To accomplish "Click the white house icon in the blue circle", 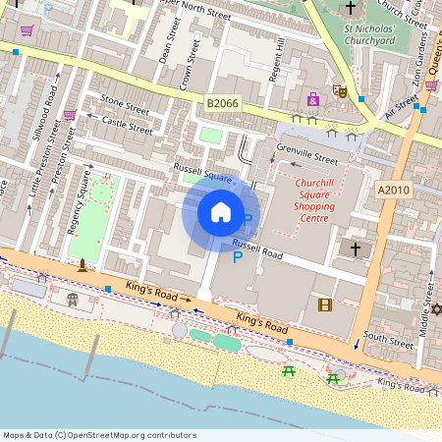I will pyautogui.click(x=221, y=212).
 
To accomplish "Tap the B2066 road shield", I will pyautogui.click(x=222, y=102).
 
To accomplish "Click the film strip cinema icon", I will pyautogui.click(x=325, y=304).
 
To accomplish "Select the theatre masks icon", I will pyautogui.click(x=341, y=91).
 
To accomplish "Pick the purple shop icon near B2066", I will pyautogui.click(x=313, y=99).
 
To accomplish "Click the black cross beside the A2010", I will pyautogui.click(x=356, y=249).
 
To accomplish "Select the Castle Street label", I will pyautogui.click(x=128, y=124).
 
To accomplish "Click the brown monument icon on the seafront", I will pyautogui.click(x=83, y=264).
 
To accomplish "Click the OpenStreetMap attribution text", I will pyautogui.click(x=98, y=435).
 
